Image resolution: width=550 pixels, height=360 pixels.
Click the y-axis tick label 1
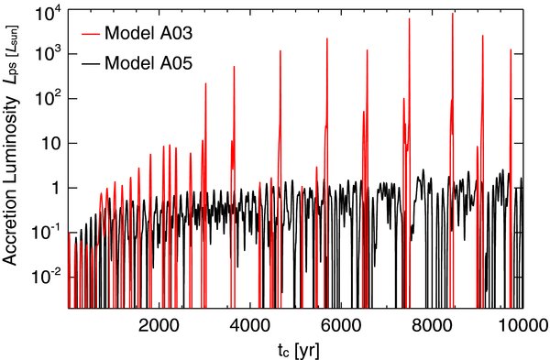(54, 188)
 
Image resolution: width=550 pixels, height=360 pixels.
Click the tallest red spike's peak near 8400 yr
(453, 14)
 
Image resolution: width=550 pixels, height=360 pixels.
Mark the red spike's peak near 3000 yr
(205, 84)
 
